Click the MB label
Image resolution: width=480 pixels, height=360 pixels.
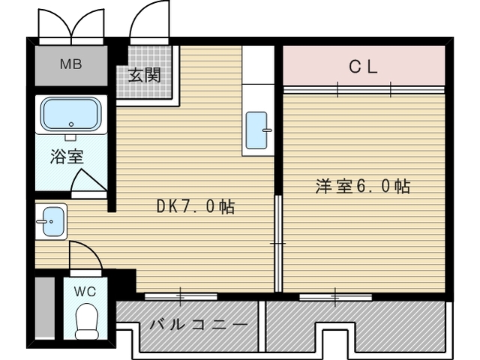click(71, 64)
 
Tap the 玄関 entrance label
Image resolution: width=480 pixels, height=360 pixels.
click(144, 75)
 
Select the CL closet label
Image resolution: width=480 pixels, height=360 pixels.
click(363, 66)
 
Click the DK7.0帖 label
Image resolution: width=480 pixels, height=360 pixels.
click(195, 206)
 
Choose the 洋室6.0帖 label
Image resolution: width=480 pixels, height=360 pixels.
click(362, 187)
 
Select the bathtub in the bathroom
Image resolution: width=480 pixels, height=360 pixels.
click(71, 114)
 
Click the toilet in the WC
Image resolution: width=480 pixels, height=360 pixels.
click(88, 319)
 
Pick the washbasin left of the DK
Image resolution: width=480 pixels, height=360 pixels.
click(52, 222)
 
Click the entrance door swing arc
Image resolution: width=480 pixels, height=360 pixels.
click(146, 26)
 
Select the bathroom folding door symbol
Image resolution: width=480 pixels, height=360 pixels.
click(89, 183)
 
